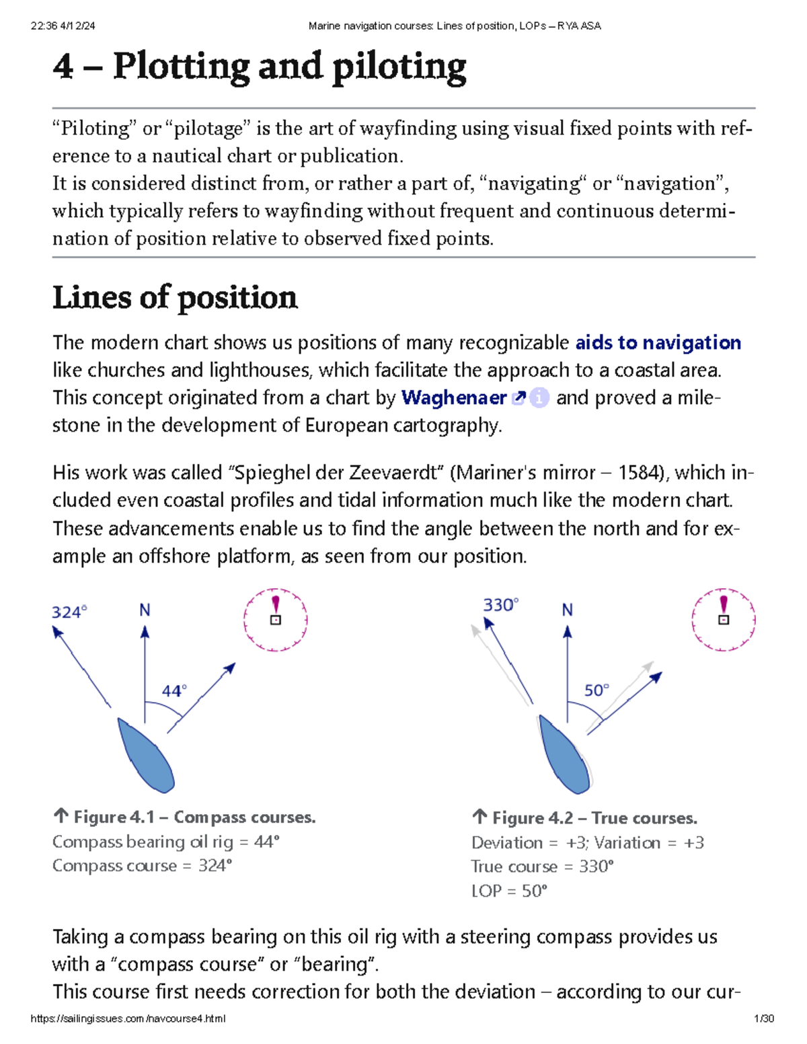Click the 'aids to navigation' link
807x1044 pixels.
tap(658, 343)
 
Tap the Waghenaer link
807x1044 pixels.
tap(453, 398)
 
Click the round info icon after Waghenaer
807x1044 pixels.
tap(539, 398)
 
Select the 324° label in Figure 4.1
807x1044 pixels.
tap(69, 612)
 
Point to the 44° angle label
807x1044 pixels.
tap(174, 691)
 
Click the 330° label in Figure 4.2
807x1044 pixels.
tap(500, 605)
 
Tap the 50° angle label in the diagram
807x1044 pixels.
tap(597, 690)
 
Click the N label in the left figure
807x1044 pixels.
tap(145, 610)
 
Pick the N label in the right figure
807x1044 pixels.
tap(568, 610)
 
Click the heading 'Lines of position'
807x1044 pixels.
tap(175, 298)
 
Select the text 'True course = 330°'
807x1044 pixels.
tap(542, 867)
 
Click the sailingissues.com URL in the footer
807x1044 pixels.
tap(128, 1018)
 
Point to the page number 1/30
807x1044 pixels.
tap(764, 1018)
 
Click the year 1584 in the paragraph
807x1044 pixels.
tap(639, 473)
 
